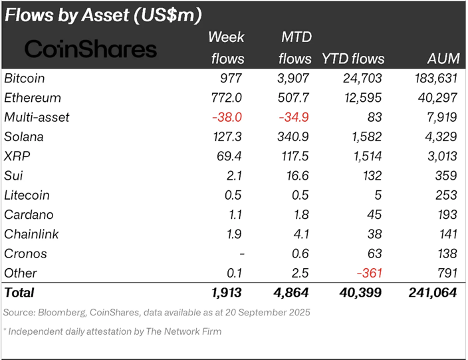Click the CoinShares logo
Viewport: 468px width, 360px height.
tap(90, 49)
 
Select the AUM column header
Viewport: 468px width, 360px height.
tap(443, 59)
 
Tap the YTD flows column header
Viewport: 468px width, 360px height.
tap(353, 59)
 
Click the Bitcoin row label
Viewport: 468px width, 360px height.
tap(25, 79)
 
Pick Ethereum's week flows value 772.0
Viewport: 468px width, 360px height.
tap(227, 98)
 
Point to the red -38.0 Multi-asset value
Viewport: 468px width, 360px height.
tap(227, 117)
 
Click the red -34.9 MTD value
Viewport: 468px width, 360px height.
tap(294, 117)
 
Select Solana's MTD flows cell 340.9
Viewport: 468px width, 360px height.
tap(293, 137)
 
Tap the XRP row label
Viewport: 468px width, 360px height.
tap(17, 156)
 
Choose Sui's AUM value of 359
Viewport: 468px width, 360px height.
tap(446, 176)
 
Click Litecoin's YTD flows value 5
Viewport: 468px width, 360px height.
tap(378, 195)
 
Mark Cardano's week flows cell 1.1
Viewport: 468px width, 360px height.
tap(235, 214)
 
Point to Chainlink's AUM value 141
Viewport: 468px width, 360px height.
tap(448, 234)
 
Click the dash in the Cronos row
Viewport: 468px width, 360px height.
tap(242, 254)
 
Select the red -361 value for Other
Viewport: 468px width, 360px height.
tap(370, 273)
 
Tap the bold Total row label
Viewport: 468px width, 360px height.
tap(19, 293)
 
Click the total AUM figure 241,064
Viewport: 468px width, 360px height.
tap(433, 293)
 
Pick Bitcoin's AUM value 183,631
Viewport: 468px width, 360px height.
tap(436, 79)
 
